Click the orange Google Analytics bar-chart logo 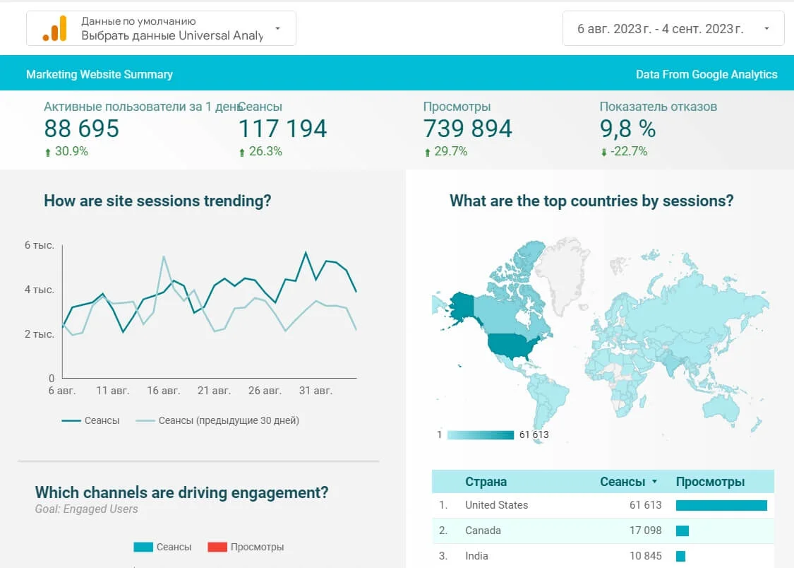[x=54, y=28]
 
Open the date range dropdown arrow [x=766, y=29]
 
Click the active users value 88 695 [x=82, y=129]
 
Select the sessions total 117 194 [x=282, y=129]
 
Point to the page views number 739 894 [x=468, y=129]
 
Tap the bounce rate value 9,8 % [x=627, y=129]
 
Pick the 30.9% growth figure [x=71, y=151]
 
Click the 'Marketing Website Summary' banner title [x=100, y=74]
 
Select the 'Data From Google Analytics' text [x=706, y=74]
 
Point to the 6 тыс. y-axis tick [x=40, y=245]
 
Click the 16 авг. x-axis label [x=163, y=390]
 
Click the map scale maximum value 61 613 [x=534, y=434]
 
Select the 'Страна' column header [x=486, y=482]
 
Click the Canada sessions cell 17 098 [x=645, y=531]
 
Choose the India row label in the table [x=477, y=556]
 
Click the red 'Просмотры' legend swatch [x=217, y=547]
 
